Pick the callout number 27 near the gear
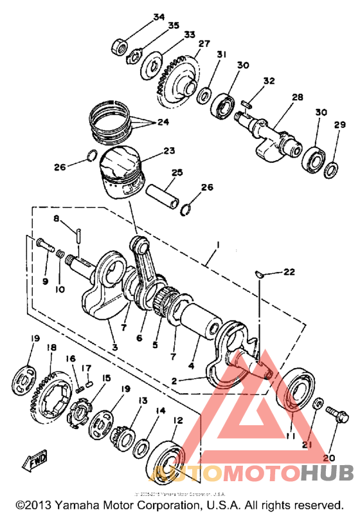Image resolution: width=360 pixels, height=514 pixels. click(204, 44)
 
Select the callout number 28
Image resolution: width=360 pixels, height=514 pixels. click(297, 97)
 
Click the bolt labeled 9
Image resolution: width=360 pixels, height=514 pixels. click(43, 244)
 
